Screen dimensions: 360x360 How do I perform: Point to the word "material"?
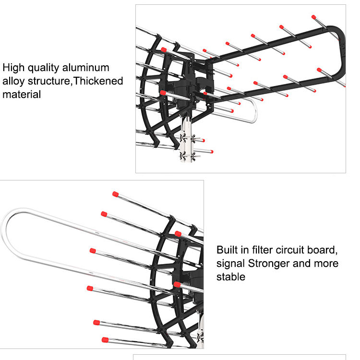click(22, 95)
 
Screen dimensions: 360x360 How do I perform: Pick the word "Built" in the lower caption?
click(228, 250)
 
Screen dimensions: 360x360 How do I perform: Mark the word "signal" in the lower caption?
click(231, 263)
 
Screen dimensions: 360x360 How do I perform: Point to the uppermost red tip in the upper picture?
click(314, 17)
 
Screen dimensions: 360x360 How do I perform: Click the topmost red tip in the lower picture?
click(115, 194)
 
